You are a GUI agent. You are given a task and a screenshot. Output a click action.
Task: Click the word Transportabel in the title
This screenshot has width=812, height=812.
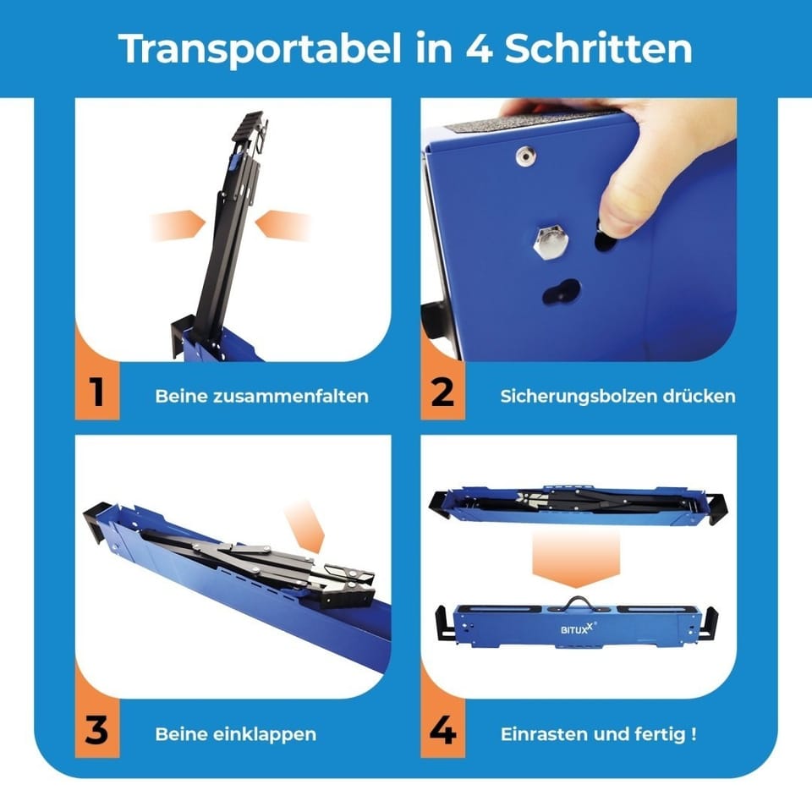point(260,49)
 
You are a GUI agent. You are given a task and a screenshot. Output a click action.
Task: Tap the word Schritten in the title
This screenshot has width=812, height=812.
point(599,48)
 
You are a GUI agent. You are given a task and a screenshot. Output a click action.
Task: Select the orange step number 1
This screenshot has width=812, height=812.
point(96,392)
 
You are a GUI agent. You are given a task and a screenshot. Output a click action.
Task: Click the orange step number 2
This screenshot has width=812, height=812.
point(442,392)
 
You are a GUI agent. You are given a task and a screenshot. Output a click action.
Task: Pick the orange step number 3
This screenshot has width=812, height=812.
point(96,730)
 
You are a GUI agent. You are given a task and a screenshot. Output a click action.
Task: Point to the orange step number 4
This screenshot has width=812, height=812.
point(442,730)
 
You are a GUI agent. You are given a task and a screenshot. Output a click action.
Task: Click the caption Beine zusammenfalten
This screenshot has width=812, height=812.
point(261,396)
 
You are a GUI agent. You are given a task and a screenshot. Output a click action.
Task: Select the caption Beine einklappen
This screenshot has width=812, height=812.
point(236,734)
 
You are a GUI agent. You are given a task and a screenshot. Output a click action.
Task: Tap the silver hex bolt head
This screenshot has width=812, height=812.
point(550,243)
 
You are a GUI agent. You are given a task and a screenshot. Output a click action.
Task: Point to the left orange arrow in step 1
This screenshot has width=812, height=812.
point(178,225)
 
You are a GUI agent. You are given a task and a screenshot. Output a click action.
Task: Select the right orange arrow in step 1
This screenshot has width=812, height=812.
point(283,225)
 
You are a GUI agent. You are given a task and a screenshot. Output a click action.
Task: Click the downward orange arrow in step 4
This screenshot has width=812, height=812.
point(576,560)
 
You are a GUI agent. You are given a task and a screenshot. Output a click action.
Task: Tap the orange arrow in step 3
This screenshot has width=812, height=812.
point(306,525)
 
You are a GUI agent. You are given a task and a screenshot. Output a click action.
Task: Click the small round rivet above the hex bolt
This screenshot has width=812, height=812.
point(525,156)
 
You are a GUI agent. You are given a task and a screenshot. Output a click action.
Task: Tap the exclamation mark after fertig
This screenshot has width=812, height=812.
point(694,734)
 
